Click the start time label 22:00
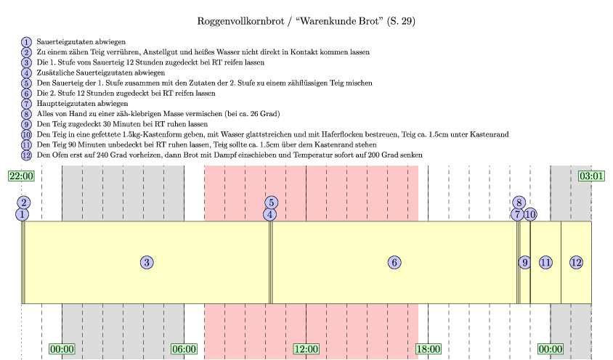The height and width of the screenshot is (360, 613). coord(21,176)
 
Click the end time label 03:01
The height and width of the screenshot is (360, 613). coord(591,176)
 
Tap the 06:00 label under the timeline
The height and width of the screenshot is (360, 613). coord(184,349)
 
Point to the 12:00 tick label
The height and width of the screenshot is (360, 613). coord(306,349)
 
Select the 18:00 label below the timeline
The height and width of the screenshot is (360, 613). coord(428,349)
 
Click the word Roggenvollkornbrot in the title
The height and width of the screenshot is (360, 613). coord(239,21)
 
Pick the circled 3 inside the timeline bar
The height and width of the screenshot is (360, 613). coord(147,263)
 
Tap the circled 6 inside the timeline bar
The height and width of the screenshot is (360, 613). coord(394,263)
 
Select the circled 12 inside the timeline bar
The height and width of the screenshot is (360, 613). coord(576,263)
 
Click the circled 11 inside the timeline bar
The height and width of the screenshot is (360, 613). coord(545,263)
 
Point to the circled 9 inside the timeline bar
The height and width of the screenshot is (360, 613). coord(524,263)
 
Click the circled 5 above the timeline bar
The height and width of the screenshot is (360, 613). coord(271,202)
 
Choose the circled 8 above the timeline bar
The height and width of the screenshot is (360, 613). coord(519,202)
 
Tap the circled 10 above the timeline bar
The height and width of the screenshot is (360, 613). coord(530,214)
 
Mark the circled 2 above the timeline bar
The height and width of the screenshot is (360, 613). coord(24,202)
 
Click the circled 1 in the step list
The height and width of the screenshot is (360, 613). coord(27,42)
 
